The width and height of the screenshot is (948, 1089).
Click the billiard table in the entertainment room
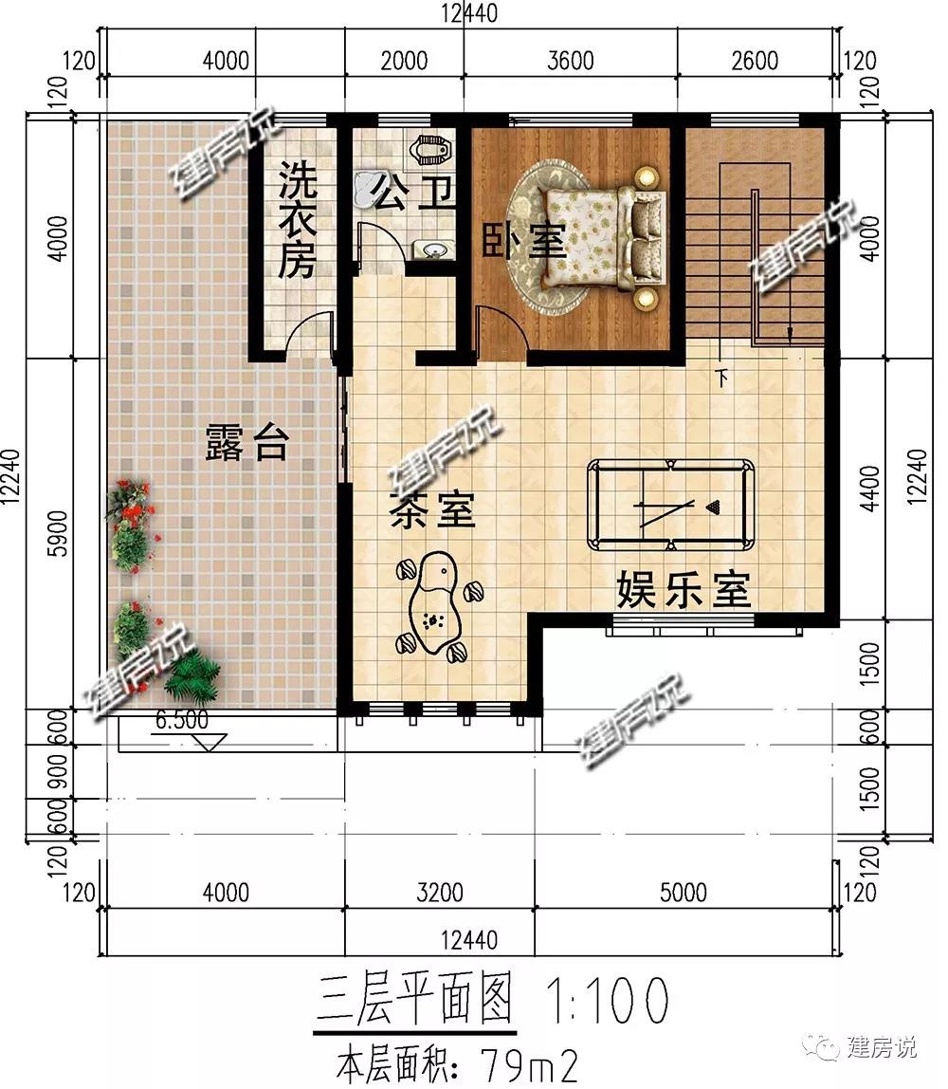pyautogui.click(x=670, y=505)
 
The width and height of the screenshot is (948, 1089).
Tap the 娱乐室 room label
pyautogui.click(x=684, y=590)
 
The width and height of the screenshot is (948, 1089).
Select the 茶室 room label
pyautogui.click(x=431, y=510)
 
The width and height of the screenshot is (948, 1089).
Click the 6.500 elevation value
pyautogui.click(x=182, y=720)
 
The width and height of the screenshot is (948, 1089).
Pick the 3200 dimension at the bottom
pyautogui.click(x=440, y=893)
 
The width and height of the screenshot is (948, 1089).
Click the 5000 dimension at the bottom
pyautogui.click(x=683, y=893)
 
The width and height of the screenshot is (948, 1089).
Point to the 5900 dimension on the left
pyautogui.click(x=60, y=533)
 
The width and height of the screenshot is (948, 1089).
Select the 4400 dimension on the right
pyautogui.click(x=869, y=489)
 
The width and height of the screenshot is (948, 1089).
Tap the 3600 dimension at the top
pyautogui.click(x=571, y=61)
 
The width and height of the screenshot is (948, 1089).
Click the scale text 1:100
pyautogui.click(x=608, y=1000)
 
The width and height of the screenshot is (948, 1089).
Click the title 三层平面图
pyautogui.click(x=415, y=999)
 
